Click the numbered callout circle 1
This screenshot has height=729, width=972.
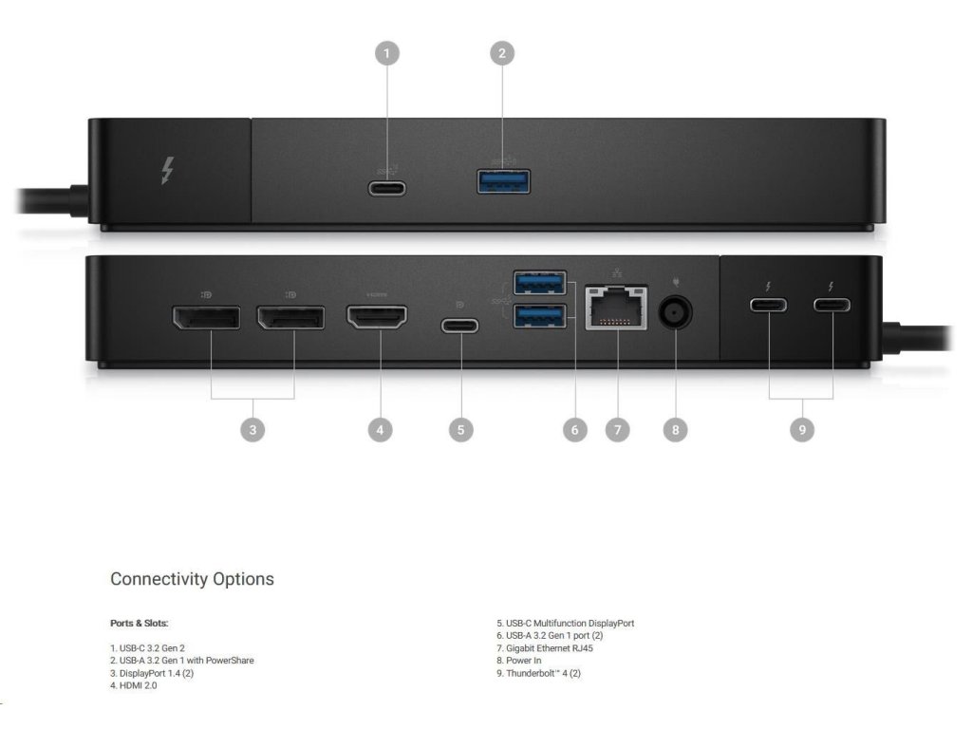(x=386, y=53)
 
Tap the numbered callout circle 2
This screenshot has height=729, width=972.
(x=502, y=53)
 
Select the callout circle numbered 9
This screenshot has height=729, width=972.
(x=802, y=430)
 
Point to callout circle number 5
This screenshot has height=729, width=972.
(x=460, y=430)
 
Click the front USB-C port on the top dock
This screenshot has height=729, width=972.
(x=387, y=187)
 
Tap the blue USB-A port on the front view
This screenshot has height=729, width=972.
(x=503, y=180)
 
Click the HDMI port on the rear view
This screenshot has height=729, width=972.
(x=377, y=317)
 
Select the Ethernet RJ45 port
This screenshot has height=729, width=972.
(x=616, y=308)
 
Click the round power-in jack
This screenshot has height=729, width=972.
(x=675, y=311)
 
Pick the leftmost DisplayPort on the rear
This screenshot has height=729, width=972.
(x=206, y=317)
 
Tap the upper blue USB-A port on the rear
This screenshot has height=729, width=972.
(x=539, y=283)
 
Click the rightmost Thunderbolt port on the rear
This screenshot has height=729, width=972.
(x=832, y=306)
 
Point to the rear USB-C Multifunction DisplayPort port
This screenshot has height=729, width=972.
(x=460, y=326)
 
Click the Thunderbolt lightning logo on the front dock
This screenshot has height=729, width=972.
(x=167, y=171)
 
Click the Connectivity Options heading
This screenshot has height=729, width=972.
(x=192, y=579)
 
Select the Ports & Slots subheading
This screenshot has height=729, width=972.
(x=139, y=624)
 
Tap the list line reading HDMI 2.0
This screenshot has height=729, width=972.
(x=134, y=685)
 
